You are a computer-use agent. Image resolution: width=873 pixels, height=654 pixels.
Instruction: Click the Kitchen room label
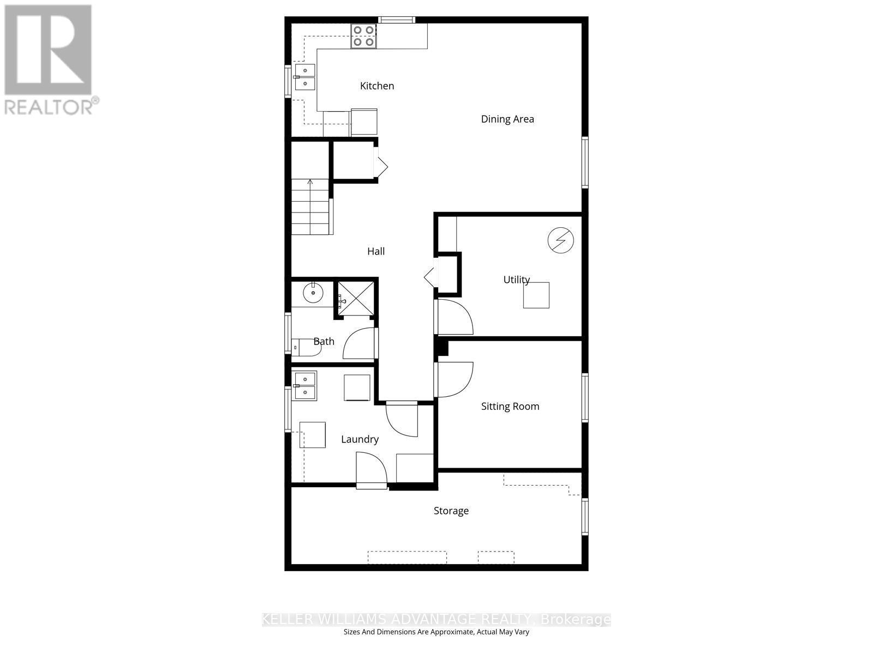(377, 86)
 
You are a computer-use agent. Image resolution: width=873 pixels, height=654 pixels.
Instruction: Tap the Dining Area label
(507, 119)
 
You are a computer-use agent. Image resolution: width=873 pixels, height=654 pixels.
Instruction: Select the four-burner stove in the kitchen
(363, 36)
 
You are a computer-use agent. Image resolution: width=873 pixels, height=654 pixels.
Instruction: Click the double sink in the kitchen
(305, 77)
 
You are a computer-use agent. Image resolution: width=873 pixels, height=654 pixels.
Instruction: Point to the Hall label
(376, 251)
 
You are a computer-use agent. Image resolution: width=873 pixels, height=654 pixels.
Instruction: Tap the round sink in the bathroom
(313, 293)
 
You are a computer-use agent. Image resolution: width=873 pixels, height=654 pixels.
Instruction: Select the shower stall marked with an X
(355, 299)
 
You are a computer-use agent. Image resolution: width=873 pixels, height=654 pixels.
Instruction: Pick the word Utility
(516, 280)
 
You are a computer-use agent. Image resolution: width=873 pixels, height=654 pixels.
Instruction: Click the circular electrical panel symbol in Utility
(561, 240)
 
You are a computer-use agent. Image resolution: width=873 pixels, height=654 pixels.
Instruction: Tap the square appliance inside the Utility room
(536, 295)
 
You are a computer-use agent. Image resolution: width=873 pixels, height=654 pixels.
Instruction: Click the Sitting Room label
(510, 406)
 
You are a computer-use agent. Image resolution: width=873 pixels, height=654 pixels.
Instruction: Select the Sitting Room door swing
(455, 379)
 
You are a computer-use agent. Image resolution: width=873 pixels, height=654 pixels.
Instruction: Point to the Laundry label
(360, 439)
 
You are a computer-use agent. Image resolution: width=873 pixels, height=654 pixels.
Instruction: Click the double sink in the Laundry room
(305, 385)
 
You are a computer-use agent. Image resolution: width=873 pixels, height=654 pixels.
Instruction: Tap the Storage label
(451, 511)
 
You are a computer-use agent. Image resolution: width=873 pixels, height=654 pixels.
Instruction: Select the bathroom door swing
(359, 344)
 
